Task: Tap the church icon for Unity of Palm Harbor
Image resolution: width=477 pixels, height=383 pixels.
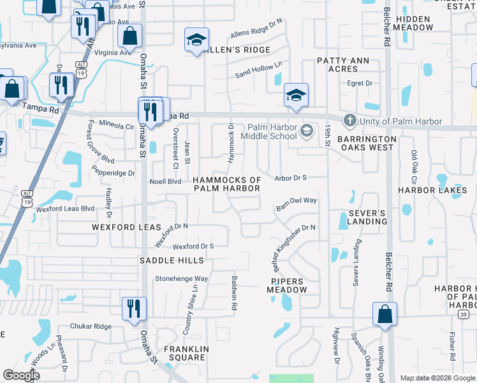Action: click(349, 120)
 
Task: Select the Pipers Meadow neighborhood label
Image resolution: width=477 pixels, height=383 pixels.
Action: click(290, 285)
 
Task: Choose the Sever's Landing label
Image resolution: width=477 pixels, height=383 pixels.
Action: click(367, 217)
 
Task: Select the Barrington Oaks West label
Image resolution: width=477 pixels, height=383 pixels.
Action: click(367, 143)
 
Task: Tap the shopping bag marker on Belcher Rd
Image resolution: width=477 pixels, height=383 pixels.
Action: click(385, 314)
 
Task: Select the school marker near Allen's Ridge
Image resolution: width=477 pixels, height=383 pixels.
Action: click(196, 40)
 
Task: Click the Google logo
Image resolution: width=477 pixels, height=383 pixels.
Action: click(22, 375)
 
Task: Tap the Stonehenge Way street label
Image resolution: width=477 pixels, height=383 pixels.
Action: click(182, 279)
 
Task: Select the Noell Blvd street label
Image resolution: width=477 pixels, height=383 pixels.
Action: click(166, 181)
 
